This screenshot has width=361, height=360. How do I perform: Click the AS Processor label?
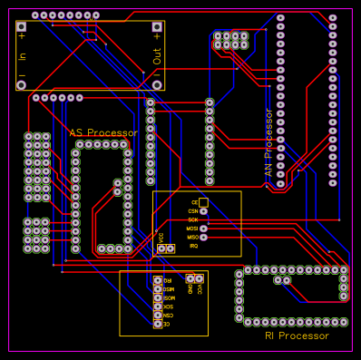pyautogui.click(x=103, y=132)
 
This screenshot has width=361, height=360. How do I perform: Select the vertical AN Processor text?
pyautogui.click(x=268, y=143)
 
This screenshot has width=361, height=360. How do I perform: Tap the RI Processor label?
pyautogui.click(x=297, y=336)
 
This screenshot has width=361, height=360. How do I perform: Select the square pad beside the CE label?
pyautogui.click(x=203, y=202)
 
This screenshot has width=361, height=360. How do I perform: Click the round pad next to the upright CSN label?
pyautogui.click(x=203, y=211)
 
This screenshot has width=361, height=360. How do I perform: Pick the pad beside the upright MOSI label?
pyautogui.click(x=203, y=229)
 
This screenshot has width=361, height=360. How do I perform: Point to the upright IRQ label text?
pyautogui.click(x=193, y=246)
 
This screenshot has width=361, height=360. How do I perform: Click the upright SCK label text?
pyautogui.click(x=193, y=219)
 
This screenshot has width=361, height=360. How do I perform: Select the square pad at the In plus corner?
pyautogui.click(x=22, y=26)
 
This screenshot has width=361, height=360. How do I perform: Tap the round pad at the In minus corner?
pyautogui.click(x=22, y=85)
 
